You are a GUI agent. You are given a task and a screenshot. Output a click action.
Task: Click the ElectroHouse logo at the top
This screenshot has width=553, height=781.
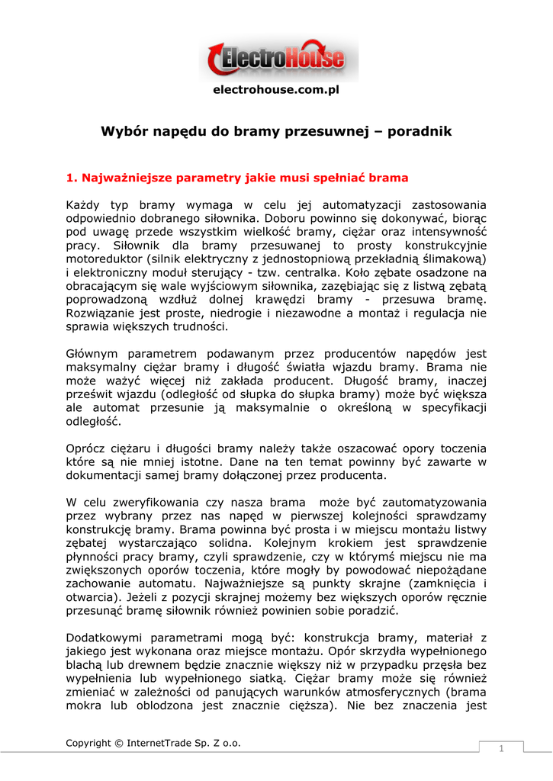point(276,59)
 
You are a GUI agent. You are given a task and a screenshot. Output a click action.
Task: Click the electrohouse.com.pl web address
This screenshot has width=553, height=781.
point(275,90)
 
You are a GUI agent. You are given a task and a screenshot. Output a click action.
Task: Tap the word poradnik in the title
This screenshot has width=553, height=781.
point(420,132)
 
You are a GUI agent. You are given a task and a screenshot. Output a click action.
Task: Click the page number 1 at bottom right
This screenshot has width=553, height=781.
point(501,748)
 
